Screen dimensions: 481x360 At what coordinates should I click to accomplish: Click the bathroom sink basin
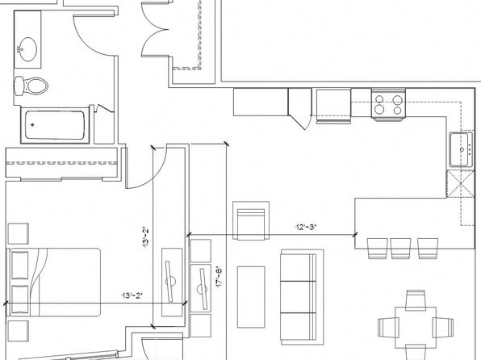pos(28,49)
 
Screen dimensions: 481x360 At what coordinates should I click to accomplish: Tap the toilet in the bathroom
pos(31,86)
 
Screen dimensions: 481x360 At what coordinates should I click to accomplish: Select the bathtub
pos(55,125)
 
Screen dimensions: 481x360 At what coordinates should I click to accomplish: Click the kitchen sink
pos(462,149)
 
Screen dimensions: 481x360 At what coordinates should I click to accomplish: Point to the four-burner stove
pos(388,104)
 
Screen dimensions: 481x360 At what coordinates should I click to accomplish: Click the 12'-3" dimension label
pos(306,227)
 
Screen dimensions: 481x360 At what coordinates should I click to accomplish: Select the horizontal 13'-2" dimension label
pos(132,295)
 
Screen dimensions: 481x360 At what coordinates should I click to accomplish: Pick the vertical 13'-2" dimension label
pos(145,237)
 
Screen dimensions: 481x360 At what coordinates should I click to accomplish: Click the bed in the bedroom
pos(54,283)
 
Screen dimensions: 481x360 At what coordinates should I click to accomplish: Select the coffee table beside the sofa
pos(251,297)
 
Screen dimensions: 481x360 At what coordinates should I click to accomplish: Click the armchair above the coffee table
pos(251,220)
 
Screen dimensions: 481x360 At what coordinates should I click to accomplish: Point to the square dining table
pos(416,328)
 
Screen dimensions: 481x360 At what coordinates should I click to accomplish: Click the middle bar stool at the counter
pos(400,249)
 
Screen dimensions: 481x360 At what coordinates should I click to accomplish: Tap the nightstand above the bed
pos(18,233)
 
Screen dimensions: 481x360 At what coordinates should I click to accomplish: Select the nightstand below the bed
pos(18,331)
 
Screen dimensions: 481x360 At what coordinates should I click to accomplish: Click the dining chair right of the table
pos(443,328)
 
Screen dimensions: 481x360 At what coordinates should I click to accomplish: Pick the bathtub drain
pos(32,125)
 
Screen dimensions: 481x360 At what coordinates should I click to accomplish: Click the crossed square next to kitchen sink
pos(460,183)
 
